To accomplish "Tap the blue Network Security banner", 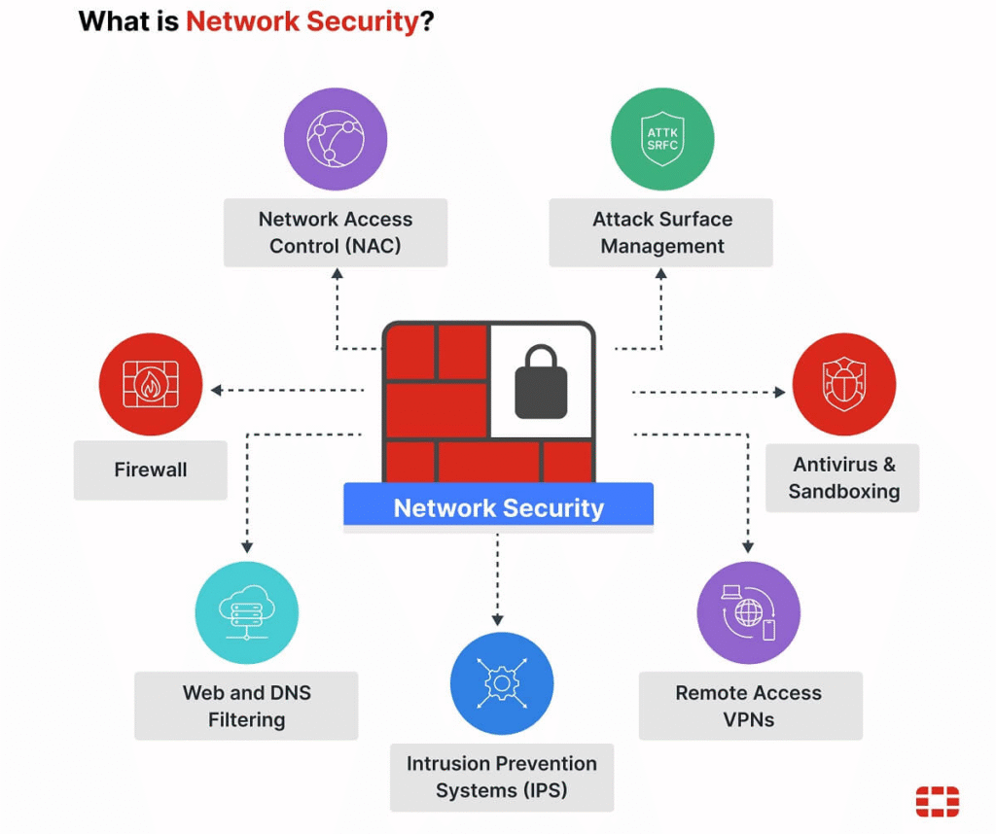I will pyautogui.click(x=498, y=507).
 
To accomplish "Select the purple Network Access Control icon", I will pyautogui.click(x=335, y=139).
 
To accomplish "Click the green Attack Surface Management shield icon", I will pyautogui.click(x=661, y=139).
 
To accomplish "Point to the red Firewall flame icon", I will pyautogui.click(x=151, y=384).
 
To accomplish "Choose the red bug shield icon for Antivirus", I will pyautogui.click(x=843, y=384).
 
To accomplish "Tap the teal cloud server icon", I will pyautogui.click(x=246, y=613).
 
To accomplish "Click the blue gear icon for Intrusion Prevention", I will pyautogui.click(x=501, y=683).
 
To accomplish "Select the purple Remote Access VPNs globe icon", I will pyautogui.click(x=748, y=613).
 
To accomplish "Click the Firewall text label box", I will pyautogui.click(x=151, y=470).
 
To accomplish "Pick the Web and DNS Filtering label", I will pyautogui.click(x=246, y=706).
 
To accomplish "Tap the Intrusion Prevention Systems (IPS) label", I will pyautogui.click(x=501, y=777).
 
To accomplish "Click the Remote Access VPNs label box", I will pyautogui.click(x=749, y=706).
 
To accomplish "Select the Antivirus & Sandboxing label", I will pyautogui.click(x=843, y=477).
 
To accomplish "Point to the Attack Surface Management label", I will pyautogui.click(x=661, y=232).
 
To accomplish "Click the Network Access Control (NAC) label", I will pyautogui.click(x=335, y=232).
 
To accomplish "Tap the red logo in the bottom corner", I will pyautogui.click(x=937, y=801).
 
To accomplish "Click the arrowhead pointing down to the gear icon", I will pyautogui.click(x=498, y=619).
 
